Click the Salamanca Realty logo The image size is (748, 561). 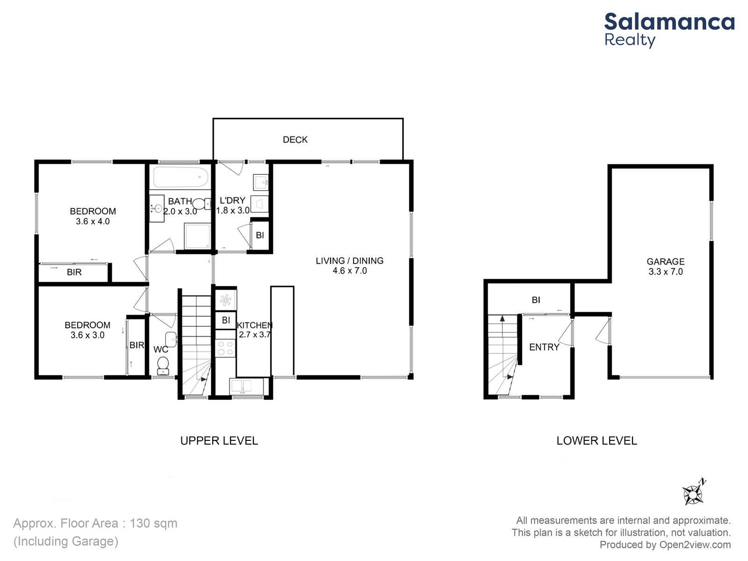click(x=669, y=30)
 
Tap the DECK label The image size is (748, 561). click(x=295, y=140)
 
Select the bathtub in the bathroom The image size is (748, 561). click(x=180, y=177)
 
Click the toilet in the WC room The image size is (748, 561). click(x=163, y=366)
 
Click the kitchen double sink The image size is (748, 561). click(x=242, y=386)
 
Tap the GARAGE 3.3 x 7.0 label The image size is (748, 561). click(x=666, y=266)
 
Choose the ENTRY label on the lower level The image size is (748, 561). click(x=544, y=347)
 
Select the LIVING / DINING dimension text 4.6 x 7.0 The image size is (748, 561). click(x=350, y=271)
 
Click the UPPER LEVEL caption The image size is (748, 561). click(x=219, y=441)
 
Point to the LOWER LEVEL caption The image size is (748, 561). click(x=597, y=441)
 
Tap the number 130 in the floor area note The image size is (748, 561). click(x=139, y=523)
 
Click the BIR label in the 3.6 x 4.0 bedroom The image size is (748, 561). click(x=74, y=272)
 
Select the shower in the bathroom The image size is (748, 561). click(x=197, y=236)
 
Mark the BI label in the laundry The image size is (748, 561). click(x=260, y=235)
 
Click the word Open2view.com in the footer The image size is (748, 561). click(x=695, y=545)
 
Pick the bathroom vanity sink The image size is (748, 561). click(x=157, y=209)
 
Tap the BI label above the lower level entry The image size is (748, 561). click(x=536, y=300)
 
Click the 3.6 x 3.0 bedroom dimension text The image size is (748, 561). click(x=87, y=335)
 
